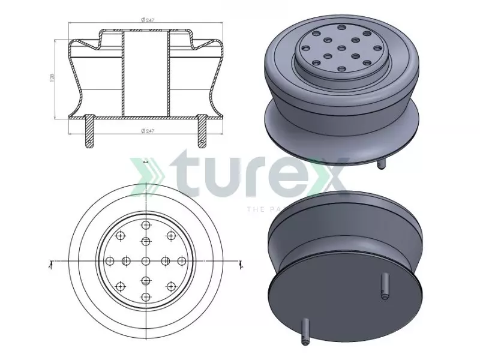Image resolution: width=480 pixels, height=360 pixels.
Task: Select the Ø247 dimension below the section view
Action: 145,130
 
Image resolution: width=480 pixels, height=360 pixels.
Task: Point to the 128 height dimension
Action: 52,77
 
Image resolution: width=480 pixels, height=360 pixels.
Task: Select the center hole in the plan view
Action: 146,261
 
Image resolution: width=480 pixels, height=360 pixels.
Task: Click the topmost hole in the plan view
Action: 146,225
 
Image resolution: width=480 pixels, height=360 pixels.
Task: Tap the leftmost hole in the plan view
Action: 110,261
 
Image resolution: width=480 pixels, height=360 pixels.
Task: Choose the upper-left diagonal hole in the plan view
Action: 121,236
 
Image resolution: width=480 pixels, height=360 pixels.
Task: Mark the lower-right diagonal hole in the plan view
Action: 171,286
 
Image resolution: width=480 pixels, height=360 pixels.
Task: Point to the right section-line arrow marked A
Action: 240,263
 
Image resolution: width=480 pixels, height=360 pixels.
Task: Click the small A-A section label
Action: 146,162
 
